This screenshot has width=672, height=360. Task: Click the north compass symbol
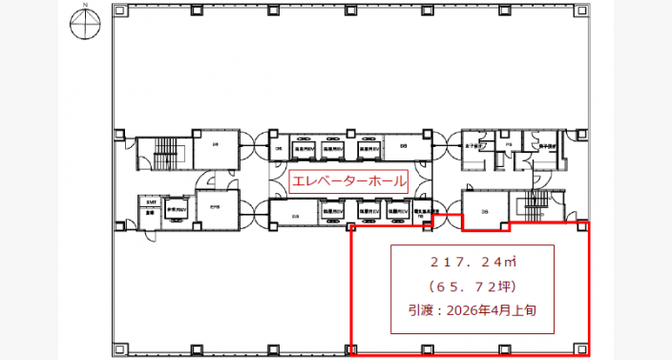click(84, 26)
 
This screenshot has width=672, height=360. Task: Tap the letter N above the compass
click(84, 6)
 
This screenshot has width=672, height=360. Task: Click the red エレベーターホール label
click(348, 180)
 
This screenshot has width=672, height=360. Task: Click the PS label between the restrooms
click(509, 146)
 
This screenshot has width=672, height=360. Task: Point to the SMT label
click(151, 202)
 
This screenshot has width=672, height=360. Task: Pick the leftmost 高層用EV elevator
click(308, 150)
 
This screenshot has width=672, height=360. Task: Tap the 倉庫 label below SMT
click(151, 214)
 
